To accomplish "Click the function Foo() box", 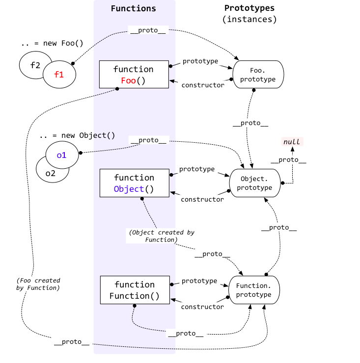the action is (134, 74).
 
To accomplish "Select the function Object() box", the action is (135, 183).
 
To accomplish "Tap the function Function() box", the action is (135, 290).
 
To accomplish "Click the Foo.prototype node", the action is (258, 74).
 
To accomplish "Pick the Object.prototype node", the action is (255, 183).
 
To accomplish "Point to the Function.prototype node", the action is (254, 290).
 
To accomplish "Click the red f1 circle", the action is (59, 74).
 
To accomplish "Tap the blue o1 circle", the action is (62, 155).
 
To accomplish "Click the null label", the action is (292, 141).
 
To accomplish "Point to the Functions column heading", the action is (133, 8).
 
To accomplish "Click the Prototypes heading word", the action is (249, 8).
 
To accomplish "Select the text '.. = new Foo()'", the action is (52, 43).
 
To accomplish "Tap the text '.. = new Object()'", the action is (77, 135).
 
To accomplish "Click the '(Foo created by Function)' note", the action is (38, 284).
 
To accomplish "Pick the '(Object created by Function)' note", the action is (162, 236).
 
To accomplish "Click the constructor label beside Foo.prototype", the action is (203, 85).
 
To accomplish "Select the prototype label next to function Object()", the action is (197, 169).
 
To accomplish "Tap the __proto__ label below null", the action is (288, 160).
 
